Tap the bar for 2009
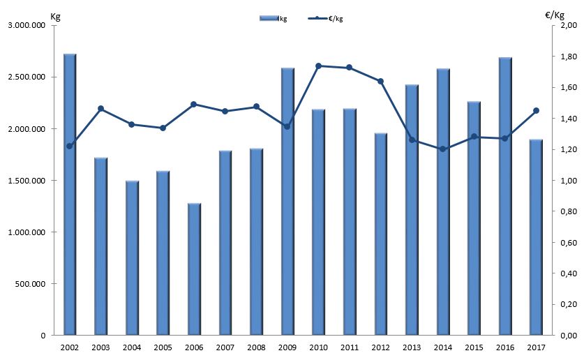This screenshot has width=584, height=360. (x=287, y=202)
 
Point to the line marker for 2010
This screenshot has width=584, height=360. (x=318, y=66)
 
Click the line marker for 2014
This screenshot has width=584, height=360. (x=442, y=149)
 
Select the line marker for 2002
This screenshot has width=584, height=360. (x=70, y=146)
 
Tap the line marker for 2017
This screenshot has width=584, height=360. (x=536, y=110)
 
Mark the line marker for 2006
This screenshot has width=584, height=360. (x=194, y=104)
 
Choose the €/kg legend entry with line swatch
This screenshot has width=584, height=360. (x=326, y=18)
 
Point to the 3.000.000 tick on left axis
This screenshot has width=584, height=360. (x=27, y=26)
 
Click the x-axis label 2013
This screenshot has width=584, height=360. (x=412, y=347)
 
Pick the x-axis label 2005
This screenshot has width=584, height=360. (x=163, y=347)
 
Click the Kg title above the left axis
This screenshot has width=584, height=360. (x=56, y=16)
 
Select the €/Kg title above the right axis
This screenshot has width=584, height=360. (x=555, y=15)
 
